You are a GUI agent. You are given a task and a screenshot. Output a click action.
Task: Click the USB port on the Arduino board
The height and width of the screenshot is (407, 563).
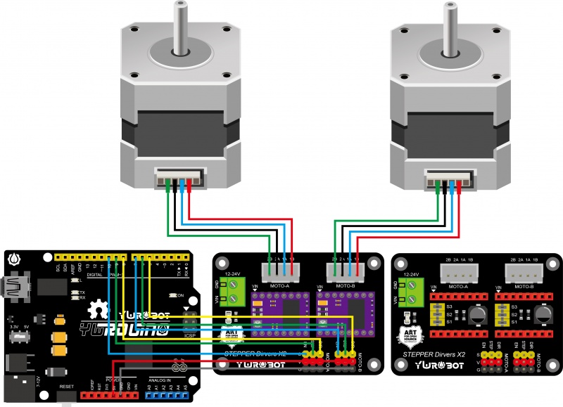coord(15,286)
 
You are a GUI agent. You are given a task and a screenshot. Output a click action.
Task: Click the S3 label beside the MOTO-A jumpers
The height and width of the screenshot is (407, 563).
coord(448,307)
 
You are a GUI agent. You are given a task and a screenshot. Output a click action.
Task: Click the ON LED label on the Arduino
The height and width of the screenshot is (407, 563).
coord(180,295)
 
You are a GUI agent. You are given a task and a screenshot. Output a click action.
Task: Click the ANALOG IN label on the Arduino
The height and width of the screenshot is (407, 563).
coord(159,381)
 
